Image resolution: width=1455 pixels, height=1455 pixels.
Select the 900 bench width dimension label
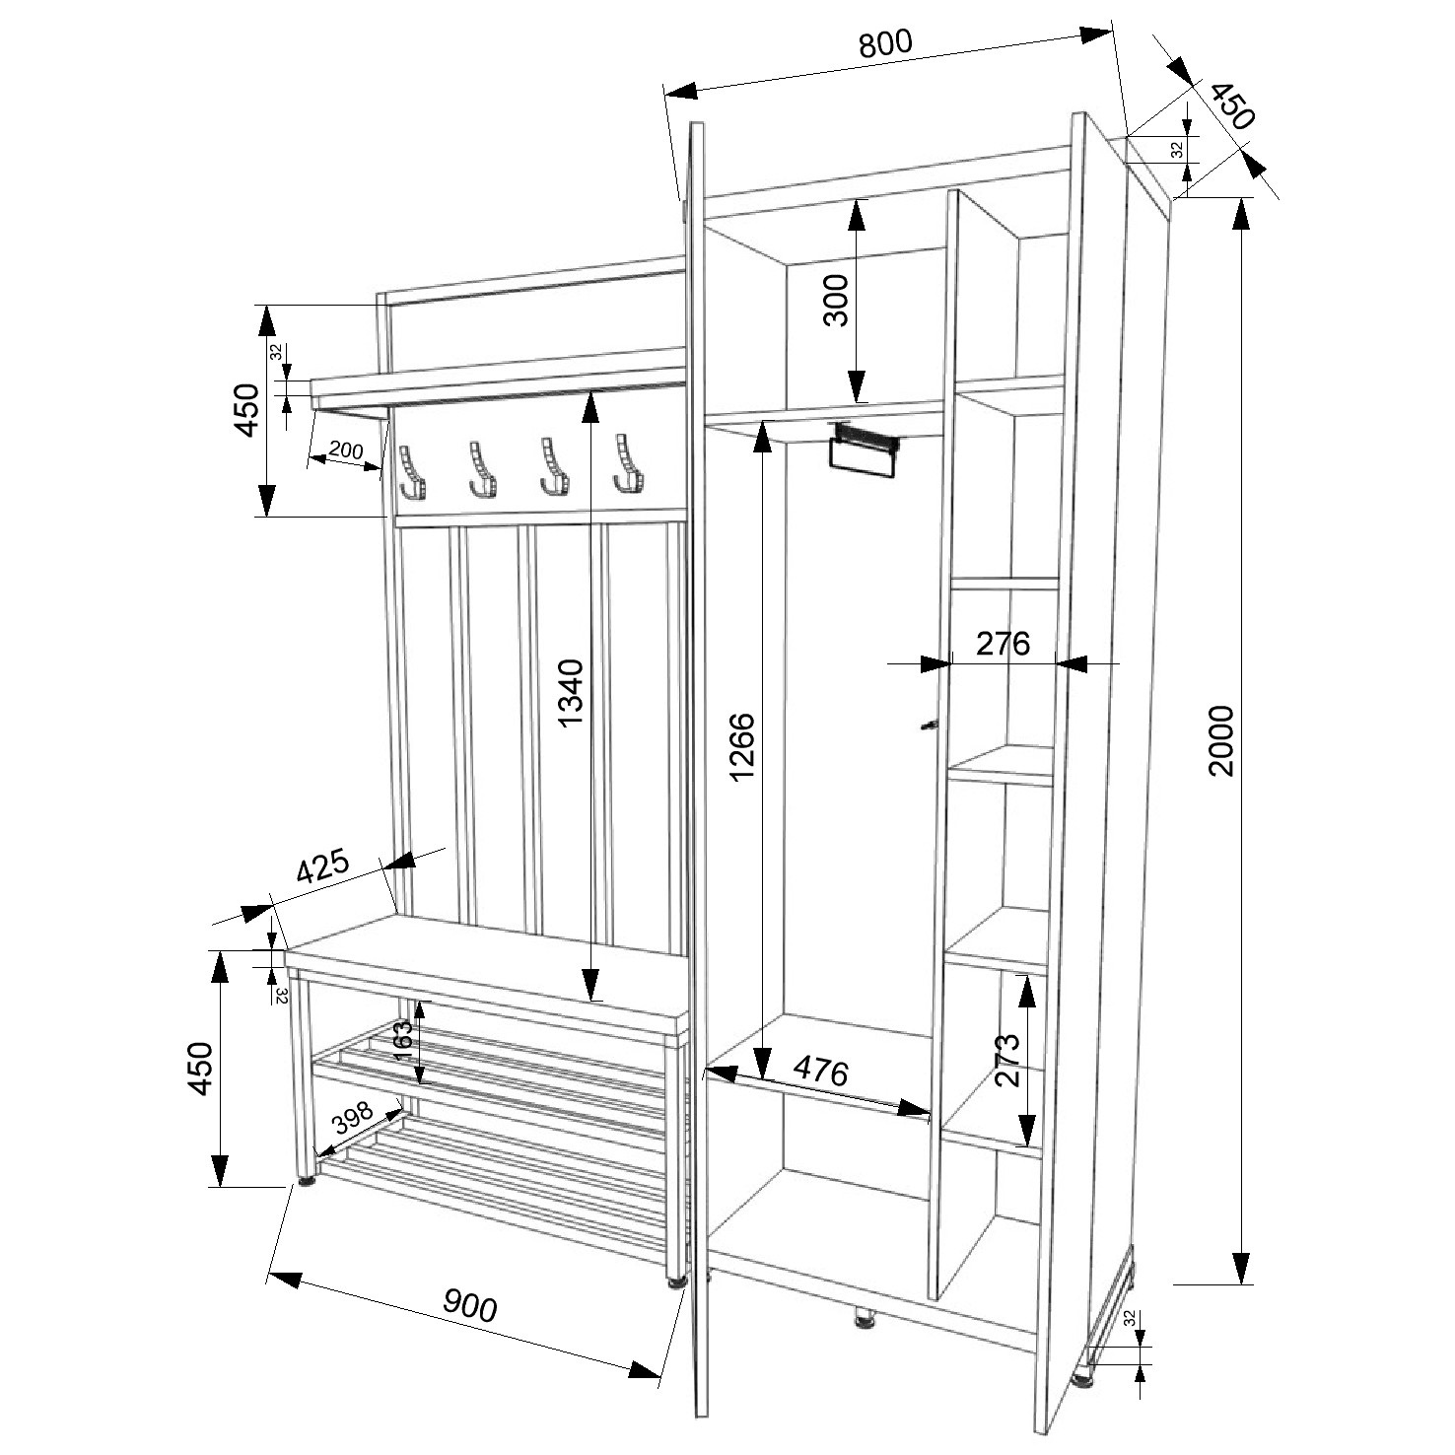pyautogui.click(x=469, y=1305)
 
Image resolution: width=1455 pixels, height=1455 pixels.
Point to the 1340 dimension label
pyautogui.click(x=571, y=693)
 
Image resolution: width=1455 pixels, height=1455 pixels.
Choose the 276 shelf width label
pyautogui.click(x=1003, y=643)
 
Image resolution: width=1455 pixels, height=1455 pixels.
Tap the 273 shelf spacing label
pyautogui.click(x=1006, y=1059)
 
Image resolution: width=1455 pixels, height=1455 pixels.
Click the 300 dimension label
pyautogui.click(x=835, y=300)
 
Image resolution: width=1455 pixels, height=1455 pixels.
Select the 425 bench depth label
pyautogui.click(x=323, y=869)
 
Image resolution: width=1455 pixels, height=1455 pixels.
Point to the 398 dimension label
pyautogui.click(x=352, y=1120)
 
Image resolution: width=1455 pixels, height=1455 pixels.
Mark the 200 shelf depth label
pyautogui.click(x=346, y=451)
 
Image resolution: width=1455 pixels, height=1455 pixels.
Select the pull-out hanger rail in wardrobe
pyautogui.click(x=866, y=450)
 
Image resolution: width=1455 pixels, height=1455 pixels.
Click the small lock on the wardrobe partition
pyautogui.click(x=929, y=726)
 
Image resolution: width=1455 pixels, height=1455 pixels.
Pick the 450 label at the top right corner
pyautogui.click(x=1231, y=107)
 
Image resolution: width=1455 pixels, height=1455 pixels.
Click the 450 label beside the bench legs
pyautogui.click(x=200, y=1068)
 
